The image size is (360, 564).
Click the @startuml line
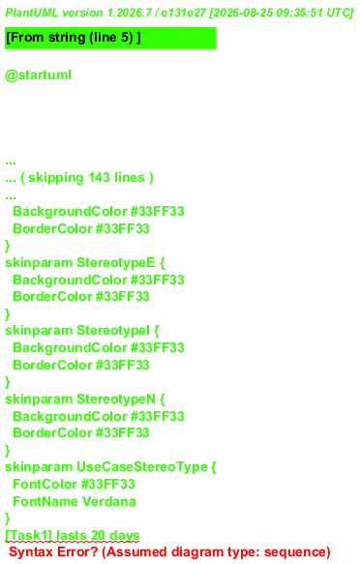pos(38,75)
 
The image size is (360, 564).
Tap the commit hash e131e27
pos(184,13)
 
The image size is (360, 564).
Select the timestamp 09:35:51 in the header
pos(299,13)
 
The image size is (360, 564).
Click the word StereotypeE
pos(116,263)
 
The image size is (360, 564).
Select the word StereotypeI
pos(113,331)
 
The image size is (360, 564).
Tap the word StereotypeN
pos(116,399)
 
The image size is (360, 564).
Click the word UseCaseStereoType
pos(142,467)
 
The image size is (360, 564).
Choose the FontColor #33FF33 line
pos(75,484)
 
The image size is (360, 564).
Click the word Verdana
pos(109,501)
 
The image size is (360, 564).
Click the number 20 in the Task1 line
pos(98,536)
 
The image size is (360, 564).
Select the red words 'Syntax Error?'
pos(53,552)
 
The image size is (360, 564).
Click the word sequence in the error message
pos(295,552)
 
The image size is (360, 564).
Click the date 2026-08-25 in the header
pos(243,13)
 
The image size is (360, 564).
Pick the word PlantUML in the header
pos(32,13)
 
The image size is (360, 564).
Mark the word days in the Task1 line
pos(125,536)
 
